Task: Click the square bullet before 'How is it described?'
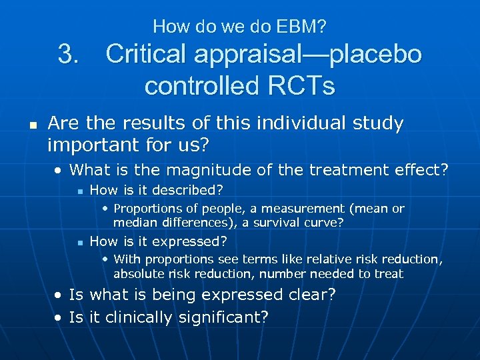[79, 191]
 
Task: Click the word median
[133, 223]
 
